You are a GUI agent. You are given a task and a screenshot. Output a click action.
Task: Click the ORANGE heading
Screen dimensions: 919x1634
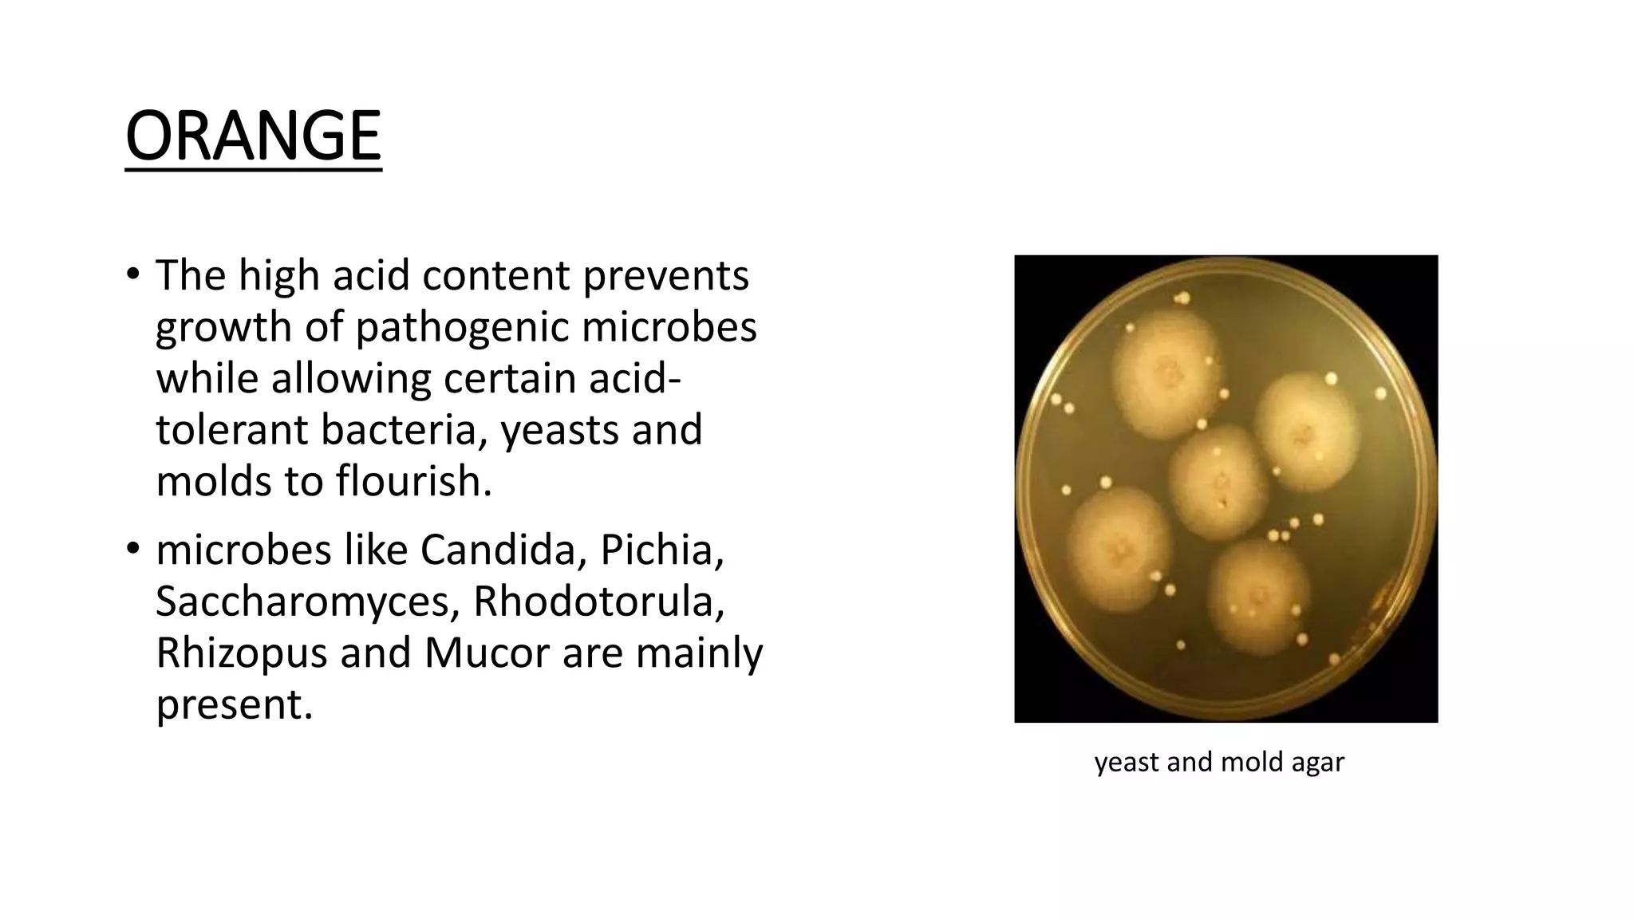253,136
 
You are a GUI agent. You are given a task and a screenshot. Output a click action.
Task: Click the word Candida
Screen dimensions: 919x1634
498,550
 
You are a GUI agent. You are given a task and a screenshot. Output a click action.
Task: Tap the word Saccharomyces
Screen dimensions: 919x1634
306,601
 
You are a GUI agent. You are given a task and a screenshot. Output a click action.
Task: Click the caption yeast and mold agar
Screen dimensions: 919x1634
1219,762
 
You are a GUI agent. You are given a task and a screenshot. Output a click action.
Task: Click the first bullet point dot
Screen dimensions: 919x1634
132,274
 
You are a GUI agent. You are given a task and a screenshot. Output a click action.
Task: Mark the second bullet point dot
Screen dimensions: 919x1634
132,550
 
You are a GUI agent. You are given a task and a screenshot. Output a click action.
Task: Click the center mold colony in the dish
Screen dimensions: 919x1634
1218,482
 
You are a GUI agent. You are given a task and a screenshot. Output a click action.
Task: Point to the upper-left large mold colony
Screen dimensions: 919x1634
1166,373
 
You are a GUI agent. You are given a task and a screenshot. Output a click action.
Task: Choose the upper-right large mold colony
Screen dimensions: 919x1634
1305,432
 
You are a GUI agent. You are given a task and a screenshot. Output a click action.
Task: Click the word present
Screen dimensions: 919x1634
234,704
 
